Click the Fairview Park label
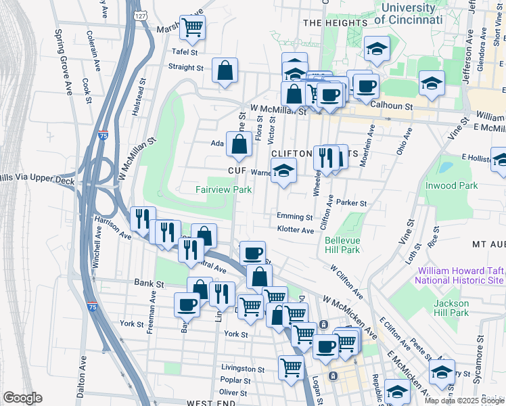(224, 190)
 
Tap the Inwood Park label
(451, 185)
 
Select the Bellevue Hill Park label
(351, 245)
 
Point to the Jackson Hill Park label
(451, 307)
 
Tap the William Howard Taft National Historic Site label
(459, 275)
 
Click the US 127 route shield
(139, 14)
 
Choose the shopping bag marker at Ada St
(239, 143)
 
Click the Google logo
(22, 398)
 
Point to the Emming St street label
(294, 217)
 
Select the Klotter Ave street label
(296, 231)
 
